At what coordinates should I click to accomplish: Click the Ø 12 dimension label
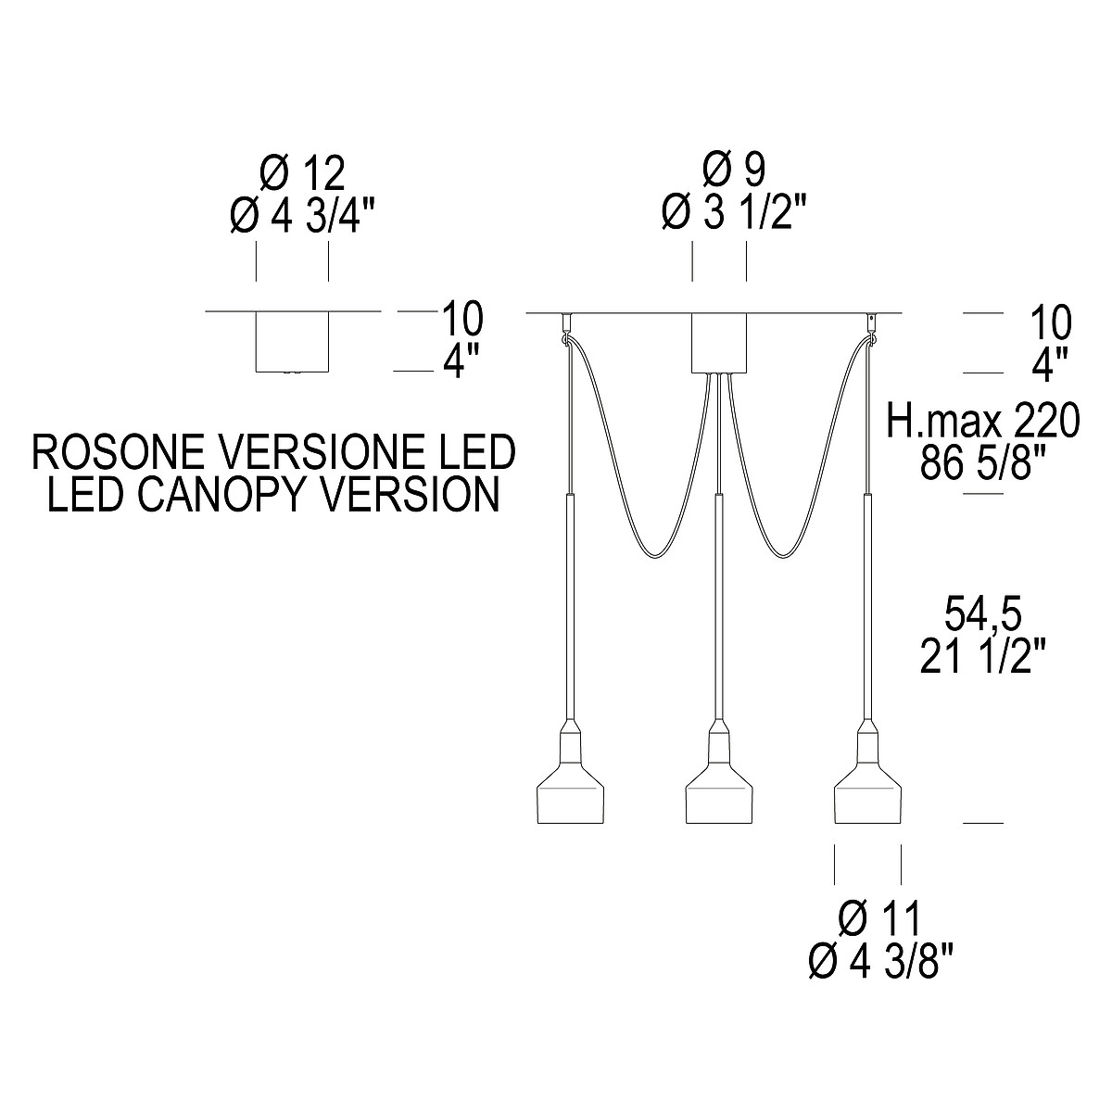pyautogui.click(x=302, y=173)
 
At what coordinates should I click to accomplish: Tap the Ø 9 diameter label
pyautogui.click(x=734, y=171)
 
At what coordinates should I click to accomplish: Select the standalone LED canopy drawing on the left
pyautogui.click(x=292, y=341)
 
